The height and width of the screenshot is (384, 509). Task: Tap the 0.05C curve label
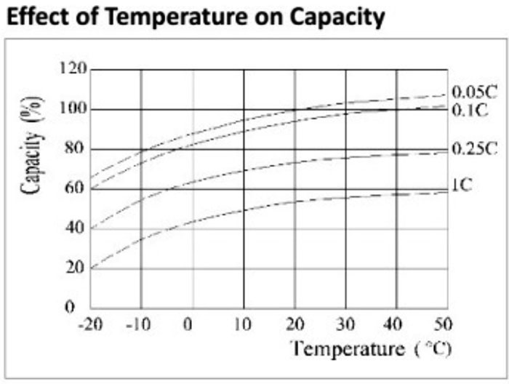pyautogui.click(x=473, y=92)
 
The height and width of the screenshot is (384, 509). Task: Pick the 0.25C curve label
pyautogui.click(x=473, y=148)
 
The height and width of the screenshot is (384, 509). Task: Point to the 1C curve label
pyautogui.click(x=462, y=185)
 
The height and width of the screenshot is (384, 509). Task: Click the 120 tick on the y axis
pyautogui.click(x=74, y=70)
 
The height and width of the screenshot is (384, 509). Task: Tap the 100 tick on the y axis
pyautogui.click(x=74, y=109)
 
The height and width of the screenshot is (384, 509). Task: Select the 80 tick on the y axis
pyautogui.click(x=78, y=149)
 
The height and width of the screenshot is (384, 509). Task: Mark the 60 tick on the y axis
pyautogui.click(x=78, y=189)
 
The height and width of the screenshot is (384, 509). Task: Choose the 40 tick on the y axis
pyautogui.click(x=78, y=228)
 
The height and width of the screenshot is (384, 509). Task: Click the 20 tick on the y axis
pyautogui.click(x=78, y=268)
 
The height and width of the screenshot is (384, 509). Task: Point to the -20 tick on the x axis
pyautogui.click(x=90, y=323)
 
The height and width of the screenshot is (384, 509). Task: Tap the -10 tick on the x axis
pyautogui.click(x=140, y=323)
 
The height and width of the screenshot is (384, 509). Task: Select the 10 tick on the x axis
pyautogui.click(x=244, y=323)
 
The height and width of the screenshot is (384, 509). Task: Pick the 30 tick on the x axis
pyautogui.click(x=345, y=323)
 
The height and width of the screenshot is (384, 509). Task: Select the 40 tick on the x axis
pyautogui.click(x=396, y=323)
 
